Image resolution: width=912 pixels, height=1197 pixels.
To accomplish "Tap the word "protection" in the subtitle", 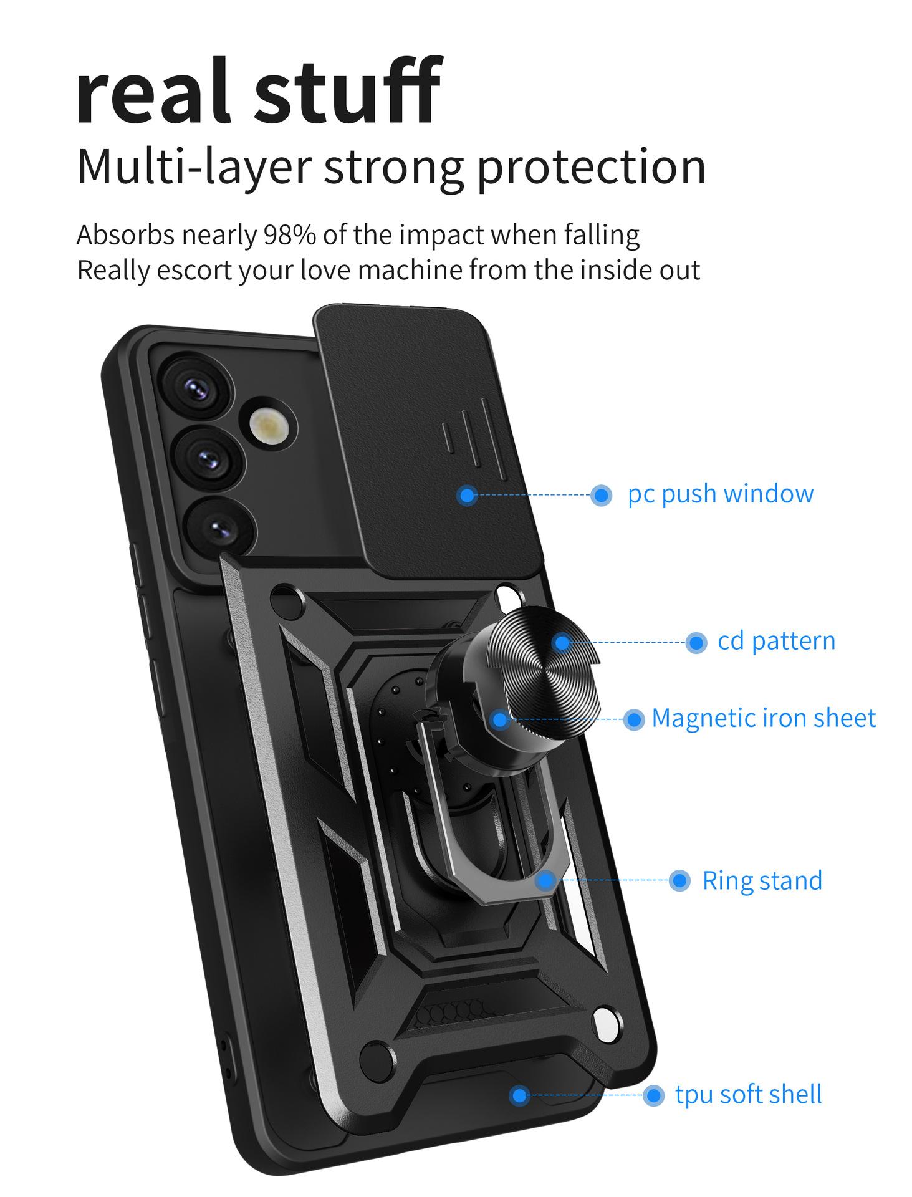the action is click(x=591, y=167).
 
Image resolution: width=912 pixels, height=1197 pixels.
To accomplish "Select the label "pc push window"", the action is click(x=720, y=494).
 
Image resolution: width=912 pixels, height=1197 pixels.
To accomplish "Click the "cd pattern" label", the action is click(x=776, y=642).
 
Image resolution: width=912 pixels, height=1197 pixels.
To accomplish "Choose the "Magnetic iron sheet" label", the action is click(x=764, y=718).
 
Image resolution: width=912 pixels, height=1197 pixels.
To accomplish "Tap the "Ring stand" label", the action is click(x=762, y=881).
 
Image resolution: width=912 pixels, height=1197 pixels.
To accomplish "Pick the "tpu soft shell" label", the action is click(x=748, y=1094).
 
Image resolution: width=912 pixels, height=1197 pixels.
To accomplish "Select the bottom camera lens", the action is click(x=220, y=529).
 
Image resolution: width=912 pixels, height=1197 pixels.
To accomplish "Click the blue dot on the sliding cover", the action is click(x=467, y=496).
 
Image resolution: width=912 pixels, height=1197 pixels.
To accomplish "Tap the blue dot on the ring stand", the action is click(x=545, y=880).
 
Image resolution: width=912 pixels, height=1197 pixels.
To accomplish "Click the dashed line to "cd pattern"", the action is click(x=629, y=642).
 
